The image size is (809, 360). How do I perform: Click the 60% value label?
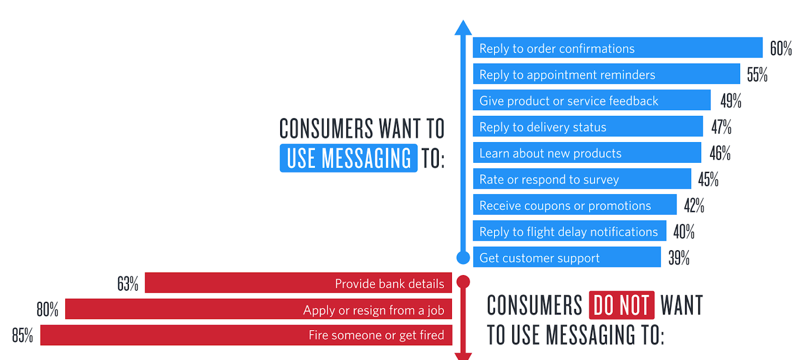781,49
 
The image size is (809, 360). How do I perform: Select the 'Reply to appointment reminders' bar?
606,74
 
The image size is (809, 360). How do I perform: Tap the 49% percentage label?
731,101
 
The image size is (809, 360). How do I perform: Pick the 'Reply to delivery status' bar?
588,126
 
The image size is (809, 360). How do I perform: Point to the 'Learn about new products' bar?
587,152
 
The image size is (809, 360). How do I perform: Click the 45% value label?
708,179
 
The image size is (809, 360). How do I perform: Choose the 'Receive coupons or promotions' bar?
574,205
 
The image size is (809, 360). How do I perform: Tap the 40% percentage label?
684,232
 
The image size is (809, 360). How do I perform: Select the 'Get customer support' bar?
567,257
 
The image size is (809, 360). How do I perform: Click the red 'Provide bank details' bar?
298,283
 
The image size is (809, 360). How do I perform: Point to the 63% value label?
128,284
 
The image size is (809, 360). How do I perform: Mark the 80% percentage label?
48,309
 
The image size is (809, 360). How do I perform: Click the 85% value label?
22,335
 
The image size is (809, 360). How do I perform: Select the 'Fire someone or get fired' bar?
246,335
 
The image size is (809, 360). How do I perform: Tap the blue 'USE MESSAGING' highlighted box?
348,158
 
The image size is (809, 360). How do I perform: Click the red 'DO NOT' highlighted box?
621,305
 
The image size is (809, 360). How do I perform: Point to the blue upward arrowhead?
463,27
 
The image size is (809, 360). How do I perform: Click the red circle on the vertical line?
463,282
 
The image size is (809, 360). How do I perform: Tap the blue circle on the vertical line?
463,258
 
